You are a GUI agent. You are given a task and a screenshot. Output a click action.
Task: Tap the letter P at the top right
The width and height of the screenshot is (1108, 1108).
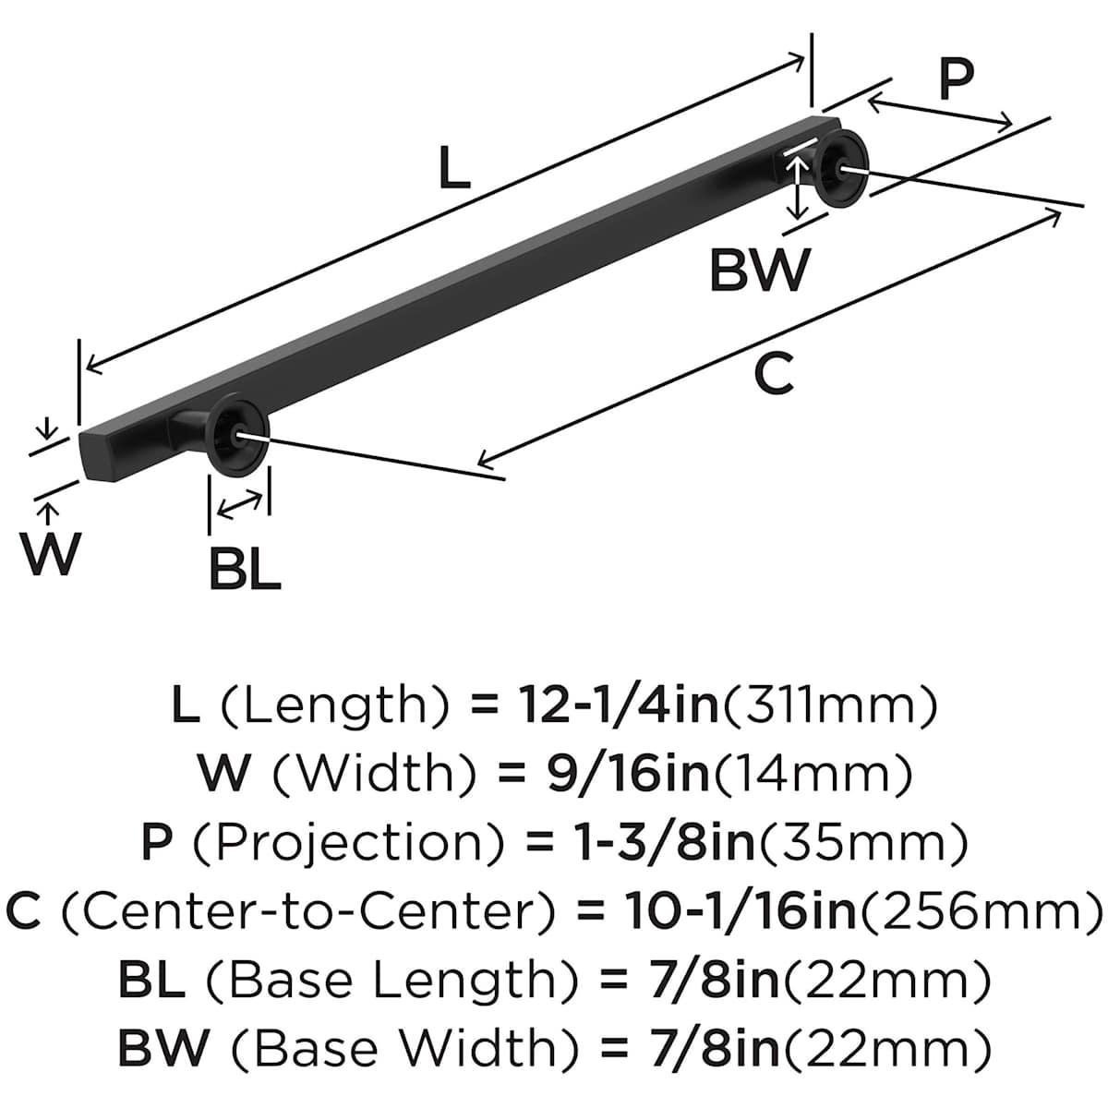(x=956, y=79)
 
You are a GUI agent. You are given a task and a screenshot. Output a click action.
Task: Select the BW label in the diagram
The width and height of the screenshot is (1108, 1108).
(x=759, y=271)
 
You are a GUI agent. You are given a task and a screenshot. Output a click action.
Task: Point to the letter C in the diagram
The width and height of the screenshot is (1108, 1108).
(x=774, y=375)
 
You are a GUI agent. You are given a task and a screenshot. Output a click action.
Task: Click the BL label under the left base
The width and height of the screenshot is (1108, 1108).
(x=244, y=571)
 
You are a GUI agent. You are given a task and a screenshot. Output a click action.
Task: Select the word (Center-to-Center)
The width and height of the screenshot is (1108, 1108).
(x=308, y=911)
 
